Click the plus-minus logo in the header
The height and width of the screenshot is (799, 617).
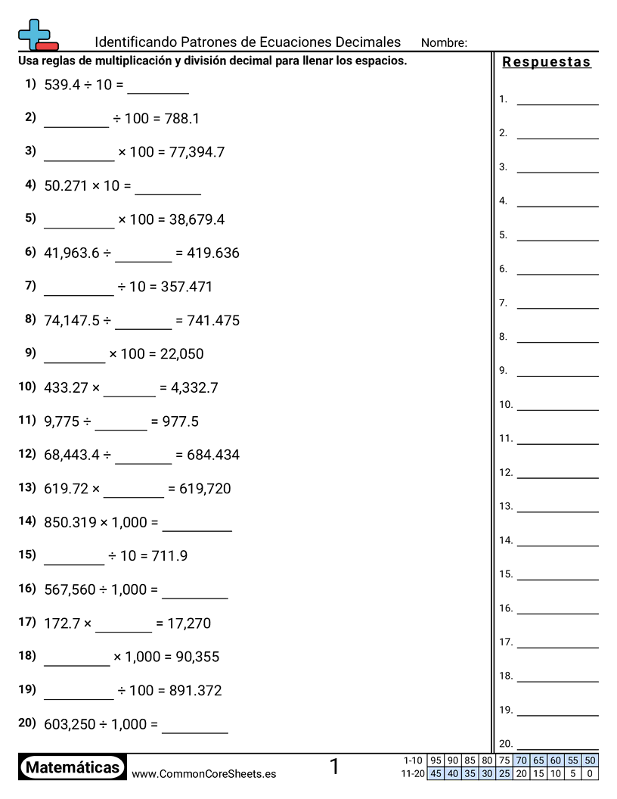(37, 35)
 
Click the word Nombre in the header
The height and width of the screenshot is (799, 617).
(444, 42)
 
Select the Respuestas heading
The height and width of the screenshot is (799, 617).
(547, 62)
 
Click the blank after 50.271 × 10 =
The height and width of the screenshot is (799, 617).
(168, 187)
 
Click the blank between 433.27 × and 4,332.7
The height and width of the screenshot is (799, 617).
(129, 389)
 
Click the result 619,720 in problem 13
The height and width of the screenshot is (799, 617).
(205, 489)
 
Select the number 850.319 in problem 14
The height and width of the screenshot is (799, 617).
(70, 522)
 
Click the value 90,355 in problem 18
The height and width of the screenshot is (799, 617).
(197, 657)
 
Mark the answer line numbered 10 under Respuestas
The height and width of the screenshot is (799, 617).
(557, 405)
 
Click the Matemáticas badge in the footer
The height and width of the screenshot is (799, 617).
(73, 768)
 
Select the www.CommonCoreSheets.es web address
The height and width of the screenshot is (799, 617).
(203, 774)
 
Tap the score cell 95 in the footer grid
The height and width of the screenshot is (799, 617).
(435, 760)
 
